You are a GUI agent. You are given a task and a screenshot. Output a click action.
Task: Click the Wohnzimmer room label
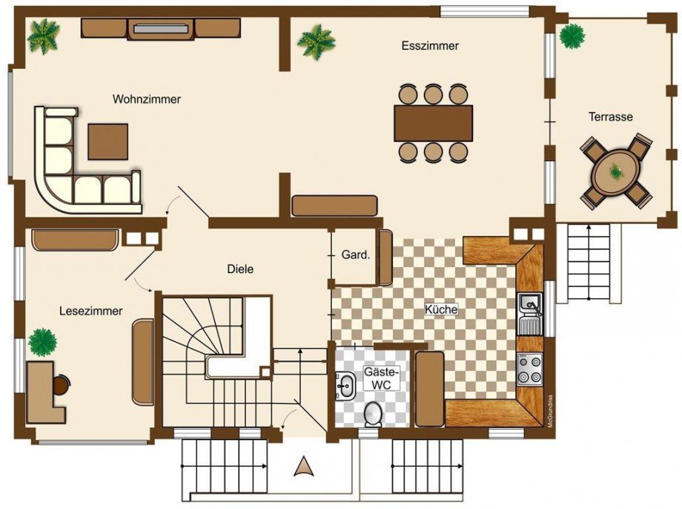point(147,99)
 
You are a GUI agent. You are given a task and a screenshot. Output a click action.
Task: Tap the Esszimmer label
point(430,46)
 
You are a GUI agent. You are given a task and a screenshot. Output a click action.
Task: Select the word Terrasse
point(611,116)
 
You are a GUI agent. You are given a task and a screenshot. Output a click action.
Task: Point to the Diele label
point(240,269)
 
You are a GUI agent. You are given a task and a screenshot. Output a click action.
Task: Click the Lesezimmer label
point(91,312)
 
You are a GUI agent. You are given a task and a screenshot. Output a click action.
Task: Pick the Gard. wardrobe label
point(356,254)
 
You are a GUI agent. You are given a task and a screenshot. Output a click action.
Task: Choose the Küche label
point(441,309)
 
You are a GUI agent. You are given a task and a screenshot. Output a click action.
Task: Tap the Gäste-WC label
point(382,378)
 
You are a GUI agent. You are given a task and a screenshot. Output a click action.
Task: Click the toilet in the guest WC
point(373,413)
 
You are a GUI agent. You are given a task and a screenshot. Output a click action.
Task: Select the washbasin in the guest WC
point(345,385)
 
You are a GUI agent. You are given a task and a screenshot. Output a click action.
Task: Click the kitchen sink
point(530,314)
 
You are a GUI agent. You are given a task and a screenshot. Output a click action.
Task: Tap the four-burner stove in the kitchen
point(530,369)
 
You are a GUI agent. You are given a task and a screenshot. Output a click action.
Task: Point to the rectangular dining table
point(434,122)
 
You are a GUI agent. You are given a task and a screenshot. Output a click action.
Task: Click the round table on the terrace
point(618,171)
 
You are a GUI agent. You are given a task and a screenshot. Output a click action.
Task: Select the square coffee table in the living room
point(108,142)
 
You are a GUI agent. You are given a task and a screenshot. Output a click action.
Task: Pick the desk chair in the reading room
point(62,384)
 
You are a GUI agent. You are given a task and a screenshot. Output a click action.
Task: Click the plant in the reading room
point(42,342)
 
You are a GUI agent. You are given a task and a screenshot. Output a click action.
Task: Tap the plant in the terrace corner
point(572,36)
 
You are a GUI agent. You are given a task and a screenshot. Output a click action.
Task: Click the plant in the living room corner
point(43,37)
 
